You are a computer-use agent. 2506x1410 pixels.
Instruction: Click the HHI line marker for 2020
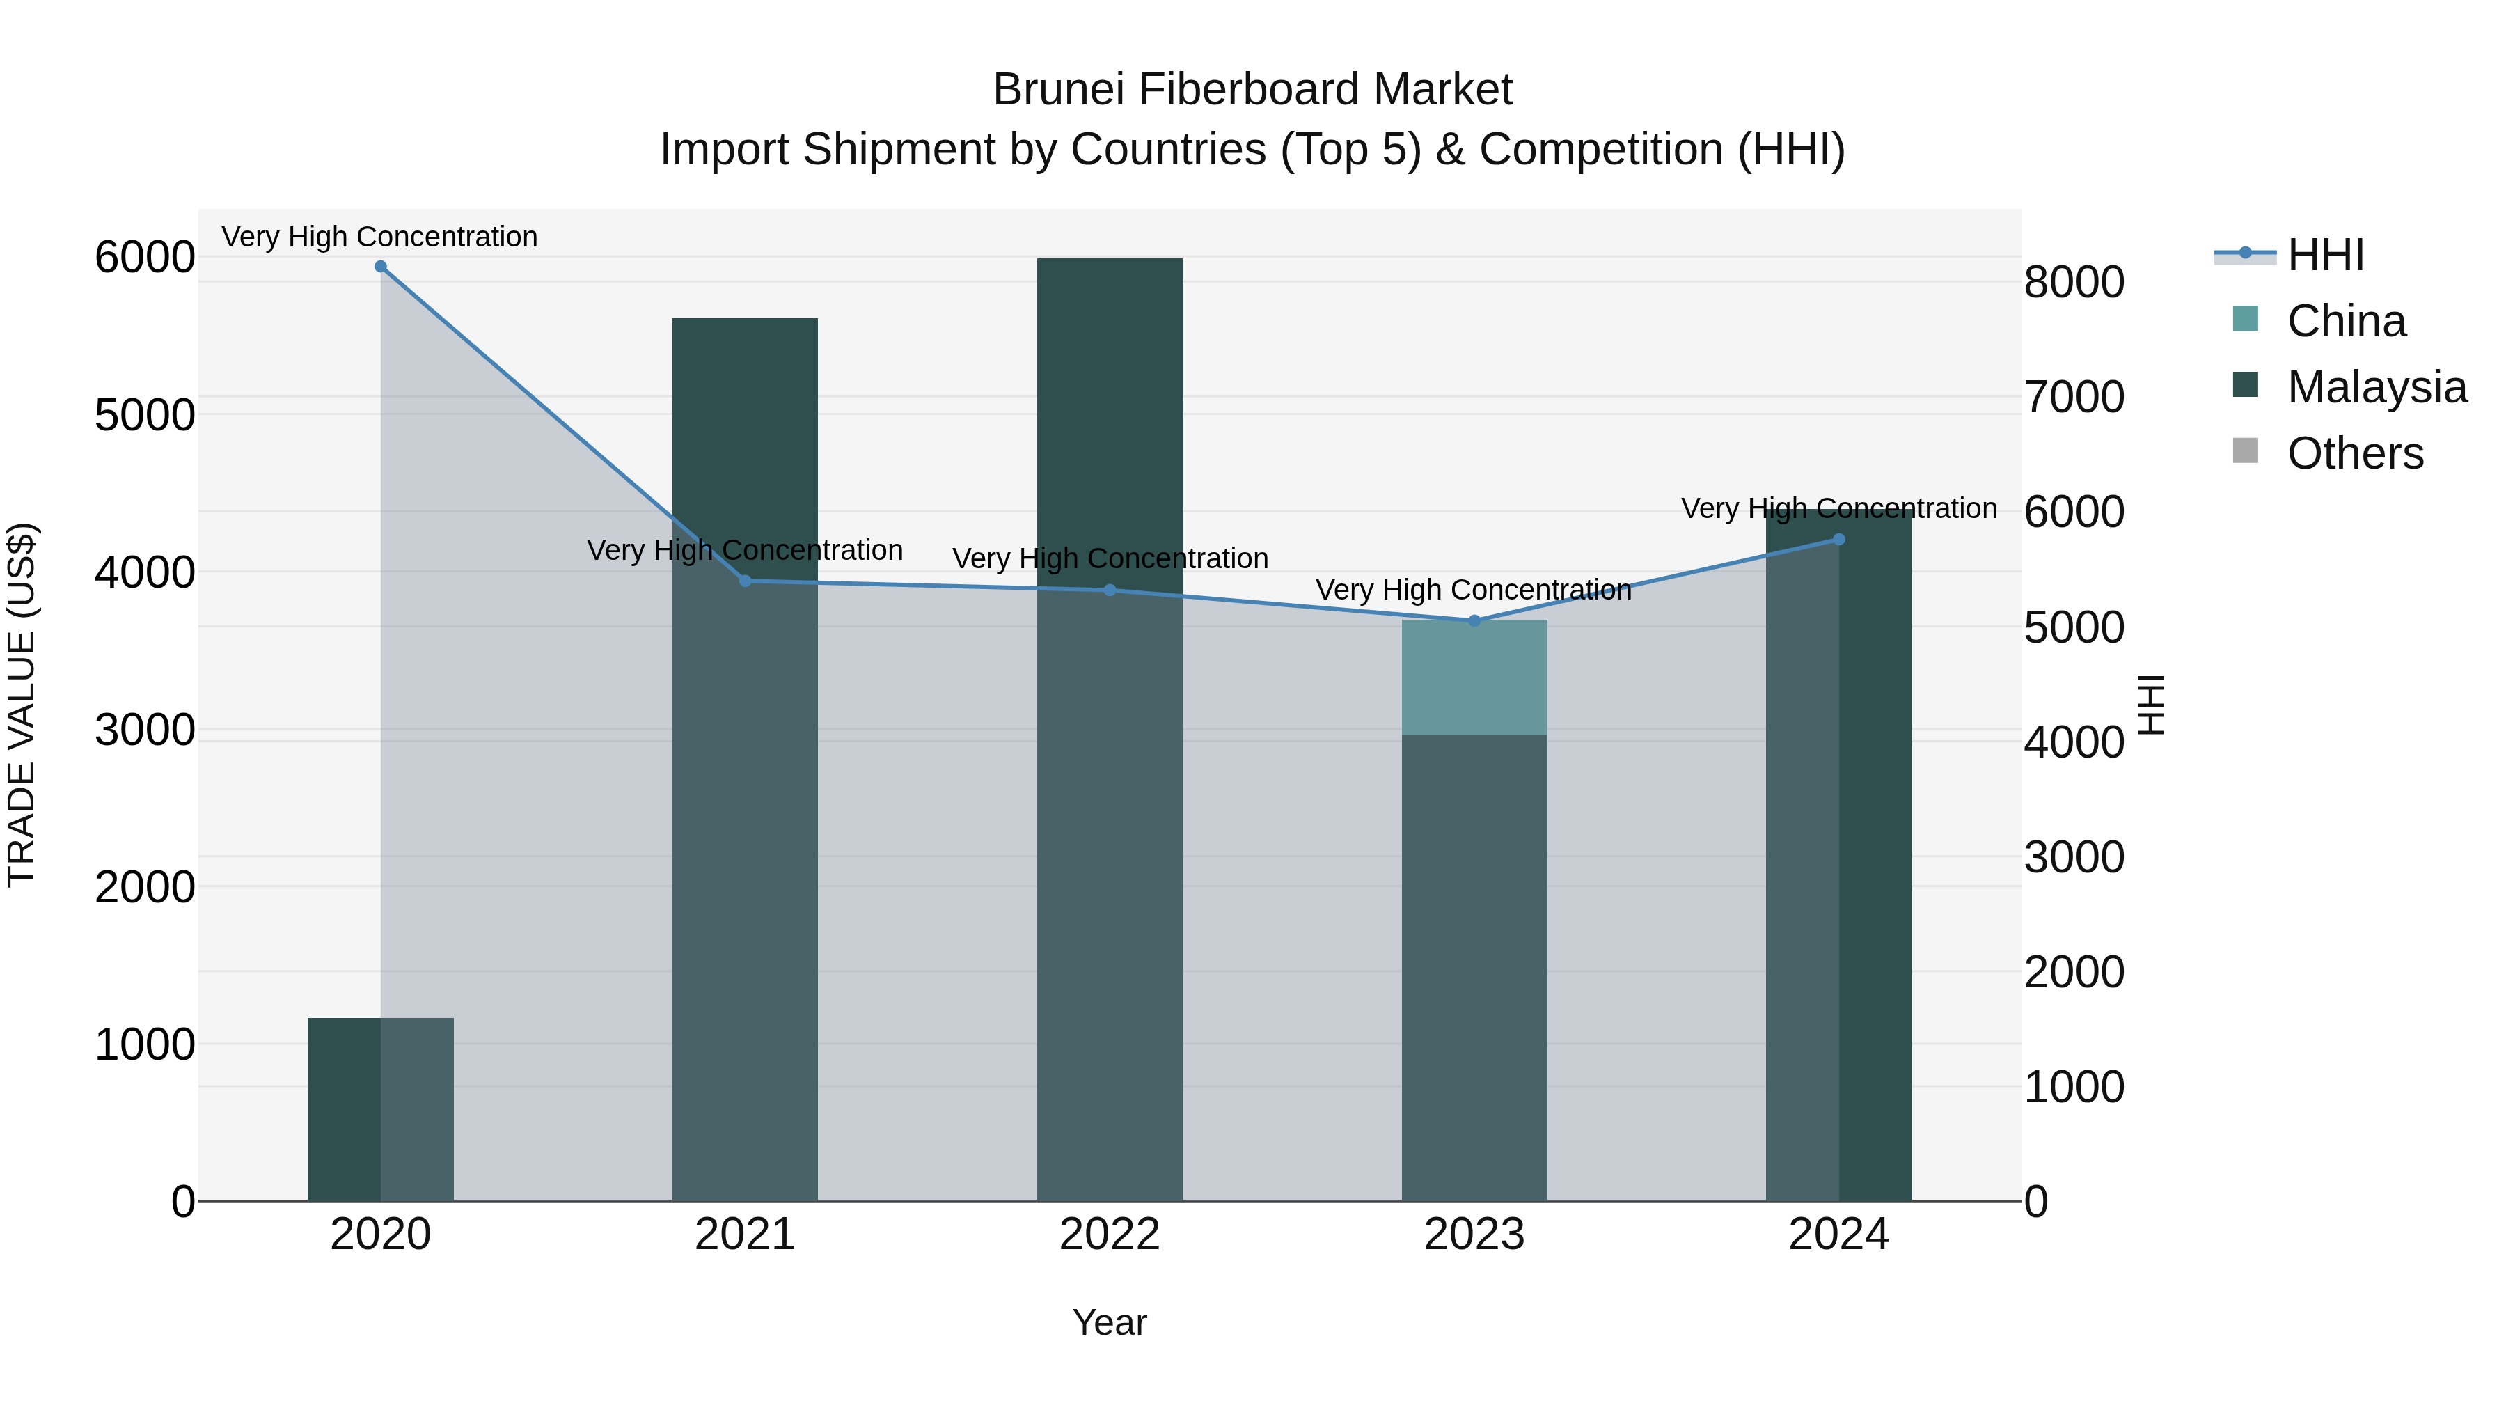380,267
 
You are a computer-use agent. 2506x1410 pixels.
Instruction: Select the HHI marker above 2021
745,581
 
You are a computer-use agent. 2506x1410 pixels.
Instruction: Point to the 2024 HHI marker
1838,539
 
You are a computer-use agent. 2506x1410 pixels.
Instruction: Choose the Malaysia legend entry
2376,387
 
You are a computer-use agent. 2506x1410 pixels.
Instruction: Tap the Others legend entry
2354,453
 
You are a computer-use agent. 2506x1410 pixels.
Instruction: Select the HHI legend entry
2325,255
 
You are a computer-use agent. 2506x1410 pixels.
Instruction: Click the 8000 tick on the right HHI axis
2074,282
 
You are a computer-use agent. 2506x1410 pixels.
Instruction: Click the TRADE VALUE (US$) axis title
22,705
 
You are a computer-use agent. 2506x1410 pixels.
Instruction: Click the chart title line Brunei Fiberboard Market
1252,90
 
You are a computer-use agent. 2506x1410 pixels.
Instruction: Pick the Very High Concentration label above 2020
379,237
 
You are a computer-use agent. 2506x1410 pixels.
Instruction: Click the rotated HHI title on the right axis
2151,705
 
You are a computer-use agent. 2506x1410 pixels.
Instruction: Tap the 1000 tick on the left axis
145,1045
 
